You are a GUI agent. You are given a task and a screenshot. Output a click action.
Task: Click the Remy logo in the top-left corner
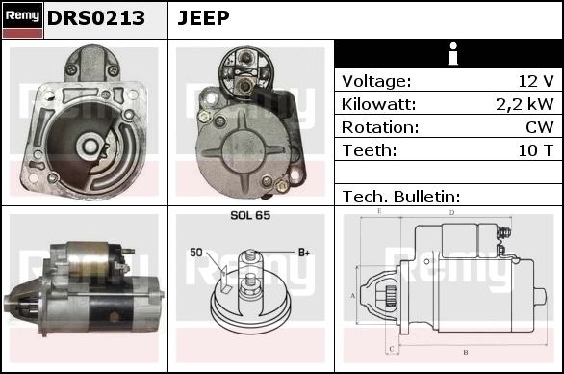(23, 20)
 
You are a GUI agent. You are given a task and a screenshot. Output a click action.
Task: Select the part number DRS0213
(96, 18)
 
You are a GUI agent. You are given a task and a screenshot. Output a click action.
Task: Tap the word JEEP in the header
(203, 17)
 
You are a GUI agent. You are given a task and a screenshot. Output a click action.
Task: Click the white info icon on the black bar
(453, 54)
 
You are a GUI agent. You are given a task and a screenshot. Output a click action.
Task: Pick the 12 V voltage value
(535, 81)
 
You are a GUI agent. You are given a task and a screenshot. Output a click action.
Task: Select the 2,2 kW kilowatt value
(525, 104)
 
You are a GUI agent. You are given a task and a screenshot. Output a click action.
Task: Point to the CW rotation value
(540, 127)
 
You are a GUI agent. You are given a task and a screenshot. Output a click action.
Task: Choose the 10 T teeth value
(535, 150)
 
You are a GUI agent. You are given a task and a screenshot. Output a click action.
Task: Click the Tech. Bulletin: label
(401, 197)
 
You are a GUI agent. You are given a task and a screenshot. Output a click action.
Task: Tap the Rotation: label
(380, 127)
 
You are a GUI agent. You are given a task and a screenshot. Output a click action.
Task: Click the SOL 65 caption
(250, 215)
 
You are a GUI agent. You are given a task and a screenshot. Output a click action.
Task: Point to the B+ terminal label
(304, 253)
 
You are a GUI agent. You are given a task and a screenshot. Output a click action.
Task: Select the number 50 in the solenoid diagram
(196, 253)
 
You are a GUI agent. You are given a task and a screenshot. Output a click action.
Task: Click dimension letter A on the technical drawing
(352, 296)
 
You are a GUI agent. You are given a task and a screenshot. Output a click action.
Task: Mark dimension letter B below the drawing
(466, 352)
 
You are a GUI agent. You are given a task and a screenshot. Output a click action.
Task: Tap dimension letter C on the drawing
(392, 349)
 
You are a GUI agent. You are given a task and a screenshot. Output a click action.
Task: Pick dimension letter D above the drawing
(451, 213)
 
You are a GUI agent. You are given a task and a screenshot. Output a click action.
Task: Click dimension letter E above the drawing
(379, 211)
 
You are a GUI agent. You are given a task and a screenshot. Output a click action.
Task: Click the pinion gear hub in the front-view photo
(90, 146)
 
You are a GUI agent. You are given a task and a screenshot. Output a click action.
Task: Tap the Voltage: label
(376, 81)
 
